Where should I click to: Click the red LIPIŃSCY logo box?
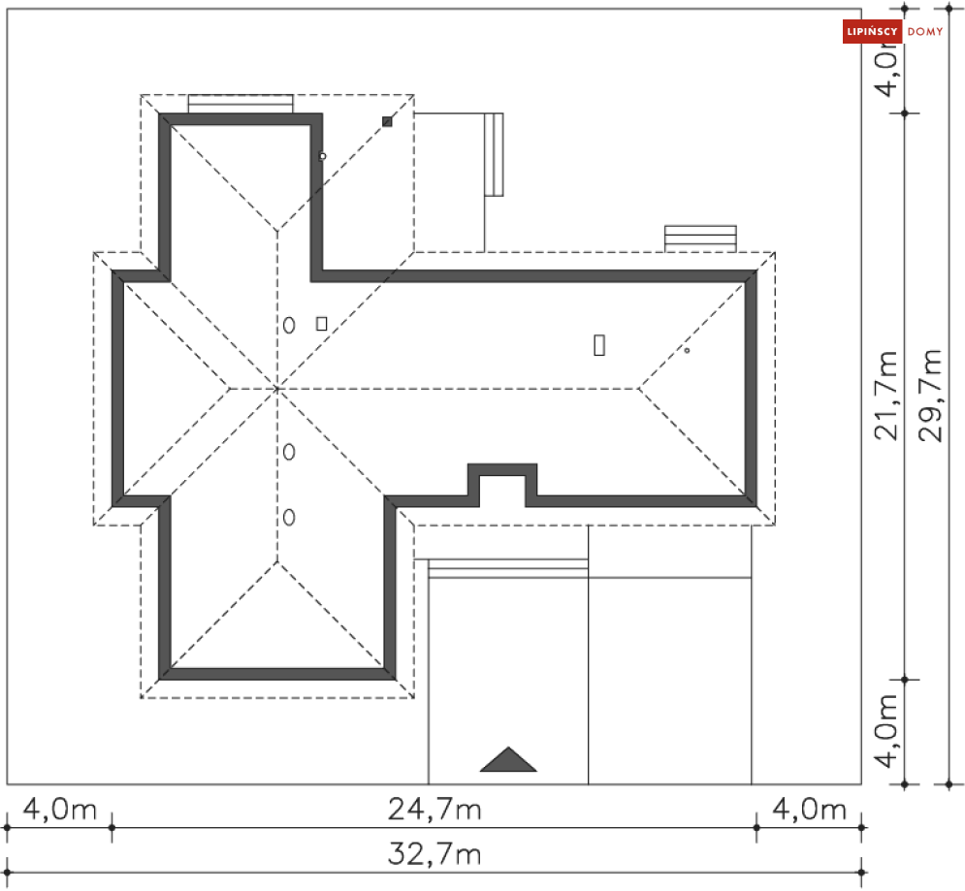pyautogui.click(x=872, y=32)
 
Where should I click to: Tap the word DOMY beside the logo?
pyautogui.click(x=924, y=32)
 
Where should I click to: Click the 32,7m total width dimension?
pyautogui.click(x=434, y=855)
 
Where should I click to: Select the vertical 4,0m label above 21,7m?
pyautogui.click(x=886, y=65)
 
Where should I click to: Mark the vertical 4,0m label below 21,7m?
pyautogui.click(x=886, y=730)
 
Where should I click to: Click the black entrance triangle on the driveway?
pyautogui.click(x=508, y=760)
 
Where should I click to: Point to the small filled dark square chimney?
pyautogui.click(x=387, y=121)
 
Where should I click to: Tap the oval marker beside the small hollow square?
pyautogui.click(x=289, y=325)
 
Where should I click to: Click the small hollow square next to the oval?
pyautogui.click(x=322, y=323)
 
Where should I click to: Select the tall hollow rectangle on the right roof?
pyautogui.click(x=599, y=344)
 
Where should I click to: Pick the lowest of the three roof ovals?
pyautogui.click(x=289, y=517)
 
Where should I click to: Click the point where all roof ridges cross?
pyautogui.click(x=277, y=389)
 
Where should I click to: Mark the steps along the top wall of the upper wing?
pyautogui.click(x=241, y=104)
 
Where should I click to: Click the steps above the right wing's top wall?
pyautogui.click(x=700, y=238)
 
